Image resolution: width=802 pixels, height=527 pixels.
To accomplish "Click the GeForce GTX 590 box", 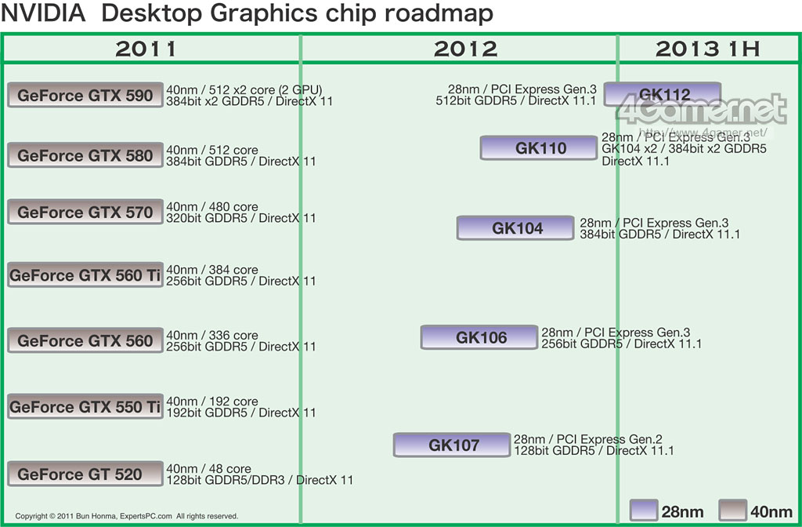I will tap(85, 95).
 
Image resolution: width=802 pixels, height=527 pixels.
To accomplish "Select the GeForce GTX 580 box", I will tap(85, 155).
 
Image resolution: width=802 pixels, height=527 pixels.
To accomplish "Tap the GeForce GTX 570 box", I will tap(85, 212).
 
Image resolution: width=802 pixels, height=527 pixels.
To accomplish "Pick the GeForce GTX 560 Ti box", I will tap(85, 275).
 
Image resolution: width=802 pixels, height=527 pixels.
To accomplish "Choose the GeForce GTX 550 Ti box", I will tap(85, 407).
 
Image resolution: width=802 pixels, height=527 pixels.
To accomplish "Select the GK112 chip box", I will tap(663, 95).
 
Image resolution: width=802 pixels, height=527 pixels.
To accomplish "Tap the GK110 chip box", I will tap(540, 147).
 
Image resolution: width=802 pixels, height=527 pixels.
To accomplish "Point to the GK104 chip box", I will tap(517, 228).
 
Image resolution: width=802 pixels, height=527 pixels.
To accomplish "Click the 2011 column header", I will tap(146, 49).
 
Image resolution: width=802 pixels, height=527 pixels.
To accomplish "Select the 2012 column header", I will tap(465, 49).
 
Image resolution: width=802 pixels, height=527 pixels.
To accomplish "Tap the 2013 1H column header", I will tap(708, 49).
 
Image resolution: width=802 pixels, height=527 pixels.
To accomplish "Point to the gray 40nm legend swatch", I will tap(734, 511).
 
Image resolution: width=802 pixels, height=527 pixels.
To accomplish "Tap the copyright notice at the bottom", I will tap(126, 516).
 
